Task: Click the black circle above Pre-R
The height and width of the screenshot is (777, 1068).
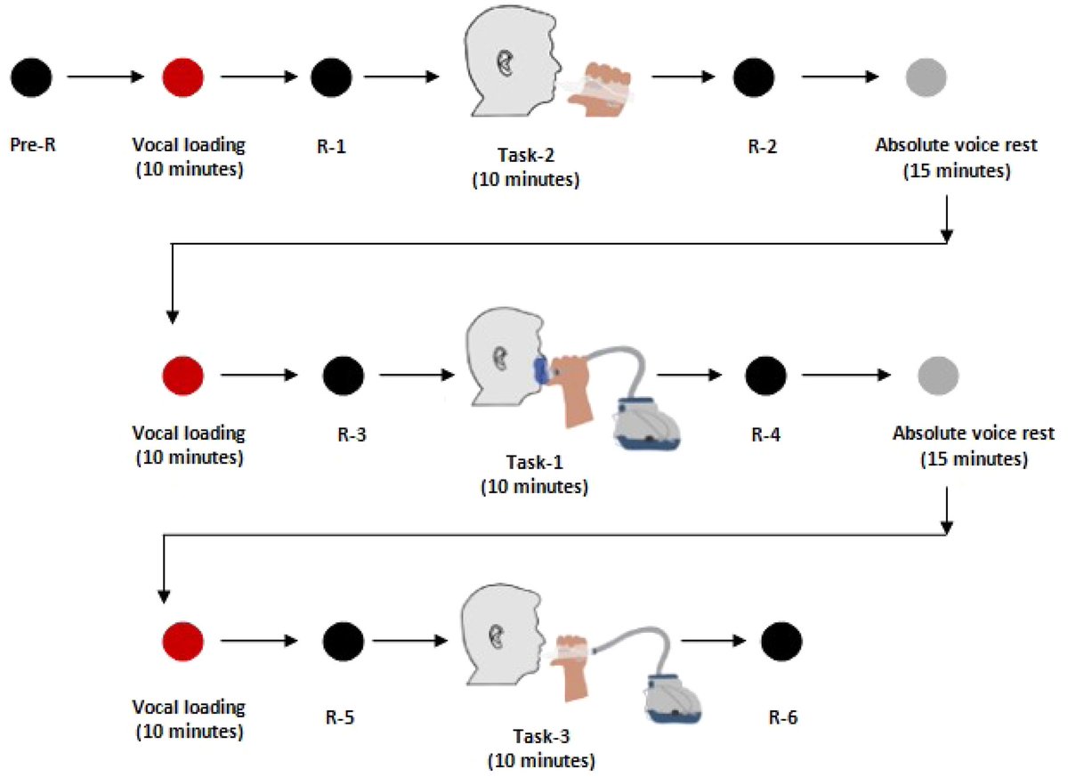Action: coord(33,77)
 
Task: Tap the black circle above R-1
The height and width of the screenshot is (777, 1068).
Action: coord(331,77)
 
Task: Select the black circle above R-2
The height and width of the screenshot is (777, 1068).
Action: coord(753,77)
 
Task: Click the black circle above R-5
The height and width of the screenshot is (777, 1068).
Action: coord(343,640)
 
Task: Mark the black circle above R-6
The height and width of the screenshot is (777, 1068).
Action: coord(782,640)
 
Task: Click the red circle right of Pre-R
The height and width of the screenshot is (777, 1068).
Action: coord(183,77)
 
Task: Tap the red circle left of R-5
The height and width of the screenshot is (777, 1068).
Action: coord(183,640)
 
